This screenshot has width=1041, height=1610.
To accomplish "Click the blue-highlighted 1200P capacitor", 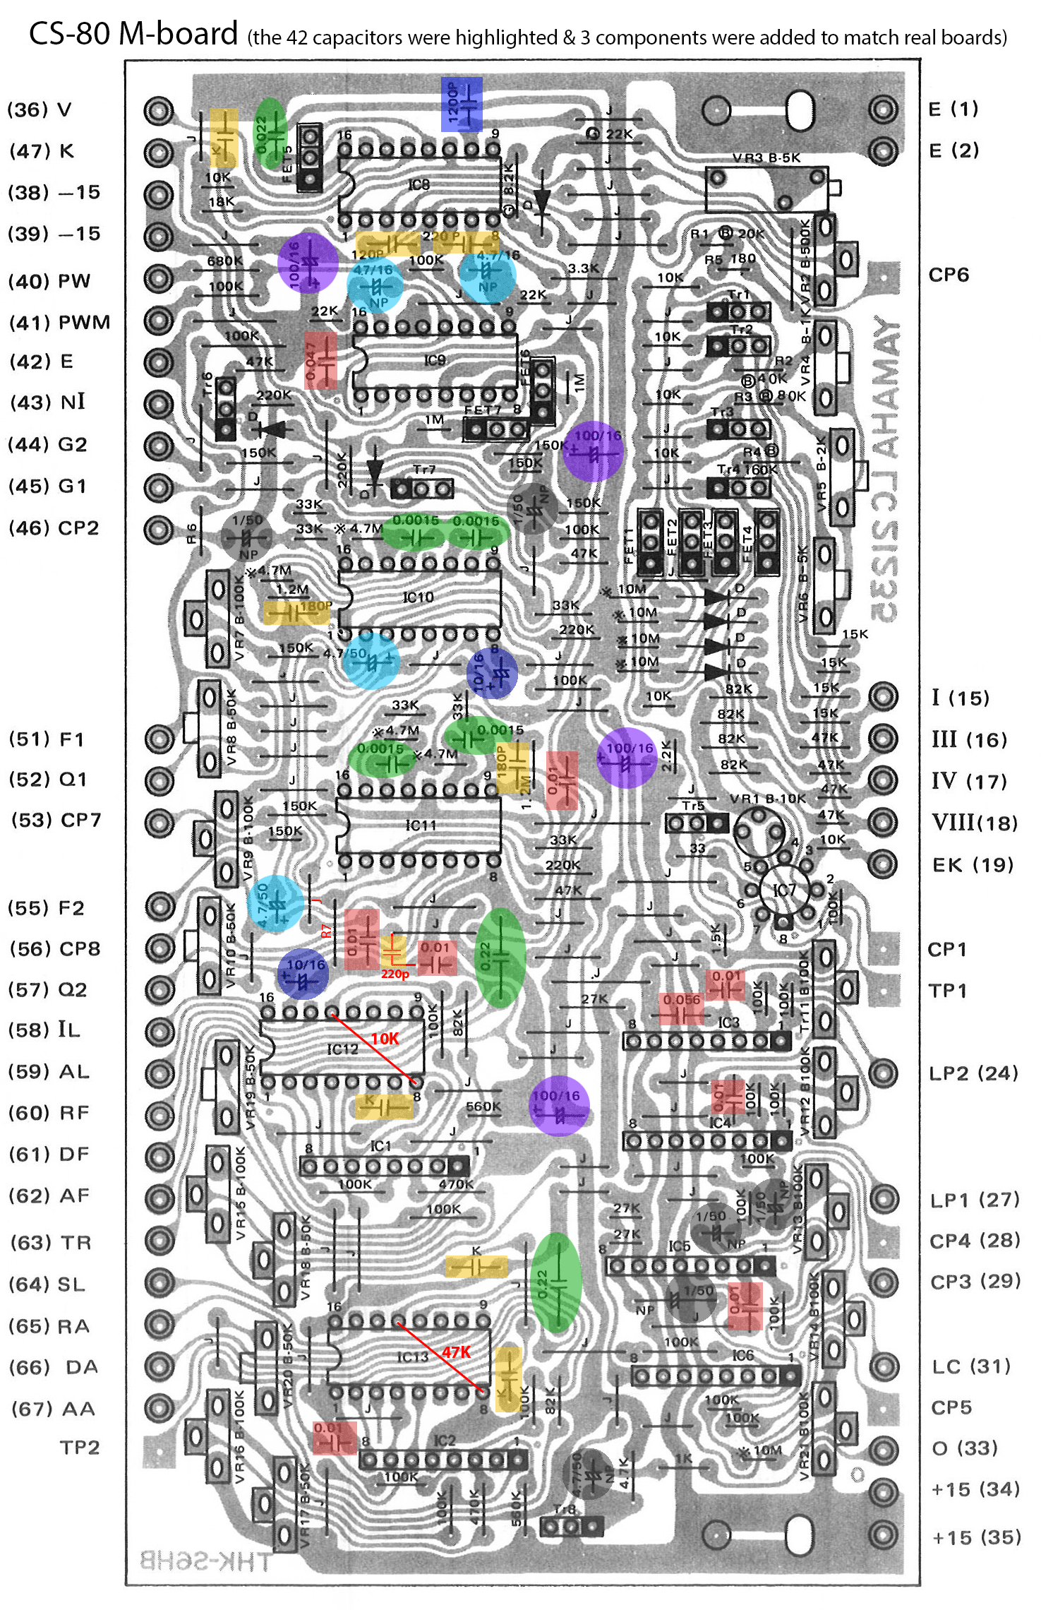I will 461,105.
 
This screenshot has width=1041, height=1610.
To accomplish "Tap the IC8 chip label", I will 419,185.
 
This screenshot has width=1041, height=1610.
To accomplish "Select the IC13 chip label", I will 413,1356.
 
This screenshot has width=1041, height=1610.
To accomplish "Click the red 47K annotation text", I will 456,1352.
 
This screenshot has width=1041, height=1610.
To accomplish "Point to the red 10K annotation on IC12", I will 385,1039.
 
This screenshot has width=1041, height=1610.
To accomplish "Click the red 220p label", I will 395,974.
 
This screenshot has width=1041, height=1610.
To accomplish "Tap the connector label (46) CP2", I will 54,528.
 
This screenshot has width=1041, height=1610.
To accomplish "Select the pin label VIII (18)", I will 974,823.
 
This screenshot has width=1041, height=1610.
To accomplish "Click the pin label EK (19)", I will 973,865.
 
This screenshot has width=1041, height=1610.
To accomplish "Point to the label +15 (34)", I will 975,1489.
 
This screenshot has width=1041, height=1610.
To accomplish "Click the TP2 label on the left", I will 79,1448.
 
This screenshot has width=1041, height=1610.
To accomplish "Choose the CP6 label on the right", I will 949,275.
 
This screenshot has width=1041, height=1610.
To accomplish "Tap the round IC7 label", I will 783,890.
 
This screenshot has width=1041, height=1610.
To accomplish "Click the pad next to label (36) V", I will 159,110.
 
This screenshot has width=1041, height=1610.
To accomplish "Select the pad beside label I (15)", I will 883,696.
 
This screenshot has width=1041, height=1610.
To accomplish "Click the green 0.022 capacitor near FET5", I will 270,133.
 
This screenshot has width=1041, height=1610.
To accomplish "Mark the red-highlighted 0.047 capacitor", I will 320,360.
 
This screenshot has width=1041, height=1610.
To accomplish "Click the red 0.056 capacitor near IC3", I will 682,1008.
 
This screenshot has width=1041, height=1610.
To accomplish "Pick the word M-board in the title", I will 178,34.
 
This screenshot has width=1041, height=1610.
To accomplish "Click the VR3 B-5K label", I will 766,158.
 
